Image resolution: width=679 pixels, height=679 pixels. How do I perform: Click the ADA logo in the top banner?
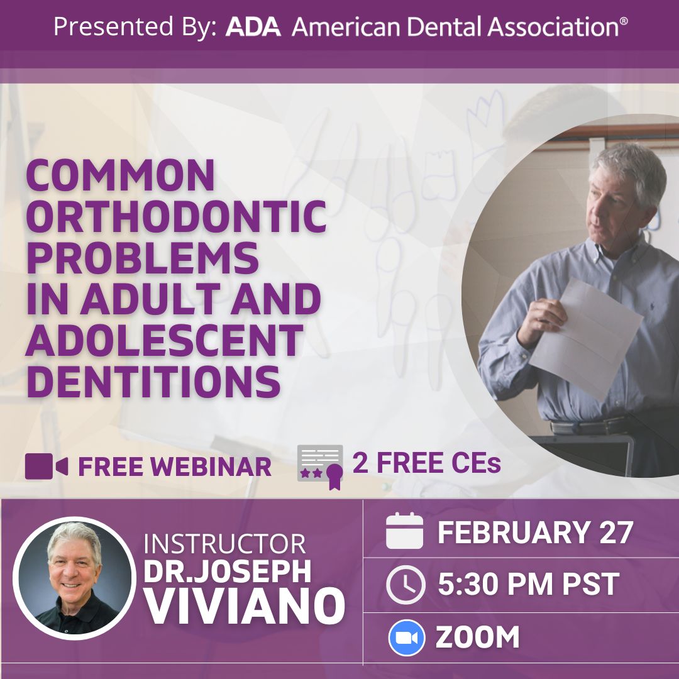tap(253, 26)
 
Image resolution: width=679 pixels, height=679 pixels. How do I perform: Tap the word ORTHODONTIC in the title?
tap(177, 216)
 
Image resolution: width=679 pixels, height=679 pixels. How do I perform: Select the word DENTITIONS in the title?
tap(154, 382)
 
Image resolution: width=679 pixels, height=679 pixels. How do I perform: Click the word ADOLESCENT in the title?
tap(165, 340)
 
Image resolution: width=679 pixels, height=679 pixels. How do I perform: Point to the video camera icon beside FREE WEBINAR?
tap(47, 466)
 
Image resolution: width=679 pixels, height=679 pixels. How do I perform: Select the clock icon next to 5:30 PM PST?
tap(406, 585)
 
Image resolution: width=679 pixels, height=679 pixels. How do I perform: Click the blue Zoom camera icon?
tap(406, 638)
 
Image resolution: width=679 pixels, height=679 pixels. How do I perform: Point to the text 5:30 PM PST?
tap(528, 584)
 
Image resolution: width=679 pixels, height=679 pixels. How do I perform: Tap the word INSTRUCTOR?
tap(224, 544)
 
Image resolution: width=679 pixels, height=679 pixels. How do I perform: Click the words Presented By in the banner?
tap(135, 27)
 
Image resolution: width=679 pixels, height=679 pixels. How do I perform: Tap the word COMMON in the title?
tap(120, 175)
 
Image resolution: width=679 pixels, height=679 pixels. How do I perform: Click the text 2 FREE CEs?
tap(426, 463)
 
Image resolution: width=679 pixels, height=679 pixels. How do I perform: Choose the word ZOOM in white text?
tap(477, 638)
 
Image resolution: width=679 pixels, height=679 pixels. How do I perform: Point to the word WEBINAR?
tap(211, 466)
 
